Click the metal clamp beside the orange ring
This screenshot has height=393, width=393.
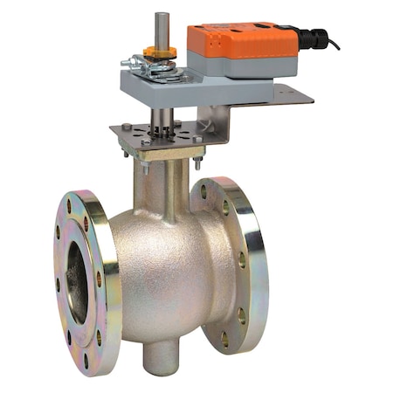click(140, 63)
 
